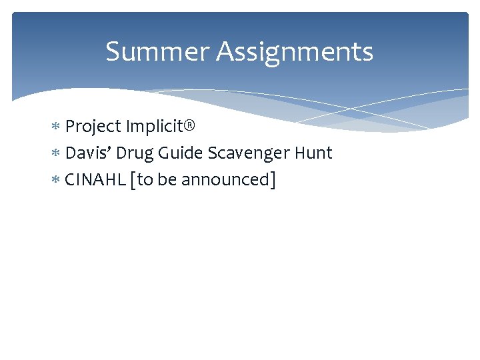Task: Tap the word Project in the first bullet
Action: click(x=93, y=127)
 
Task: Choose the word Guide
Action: click(x=179, y=153)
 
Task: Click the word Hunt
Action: click(x=312, y=153)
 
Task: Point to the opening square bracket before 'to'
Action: click(x=135, y=180)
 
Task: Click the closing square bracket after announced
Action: click(x=272, y=180)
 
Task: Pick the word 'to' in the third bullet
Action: click(x=146, y=180)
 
